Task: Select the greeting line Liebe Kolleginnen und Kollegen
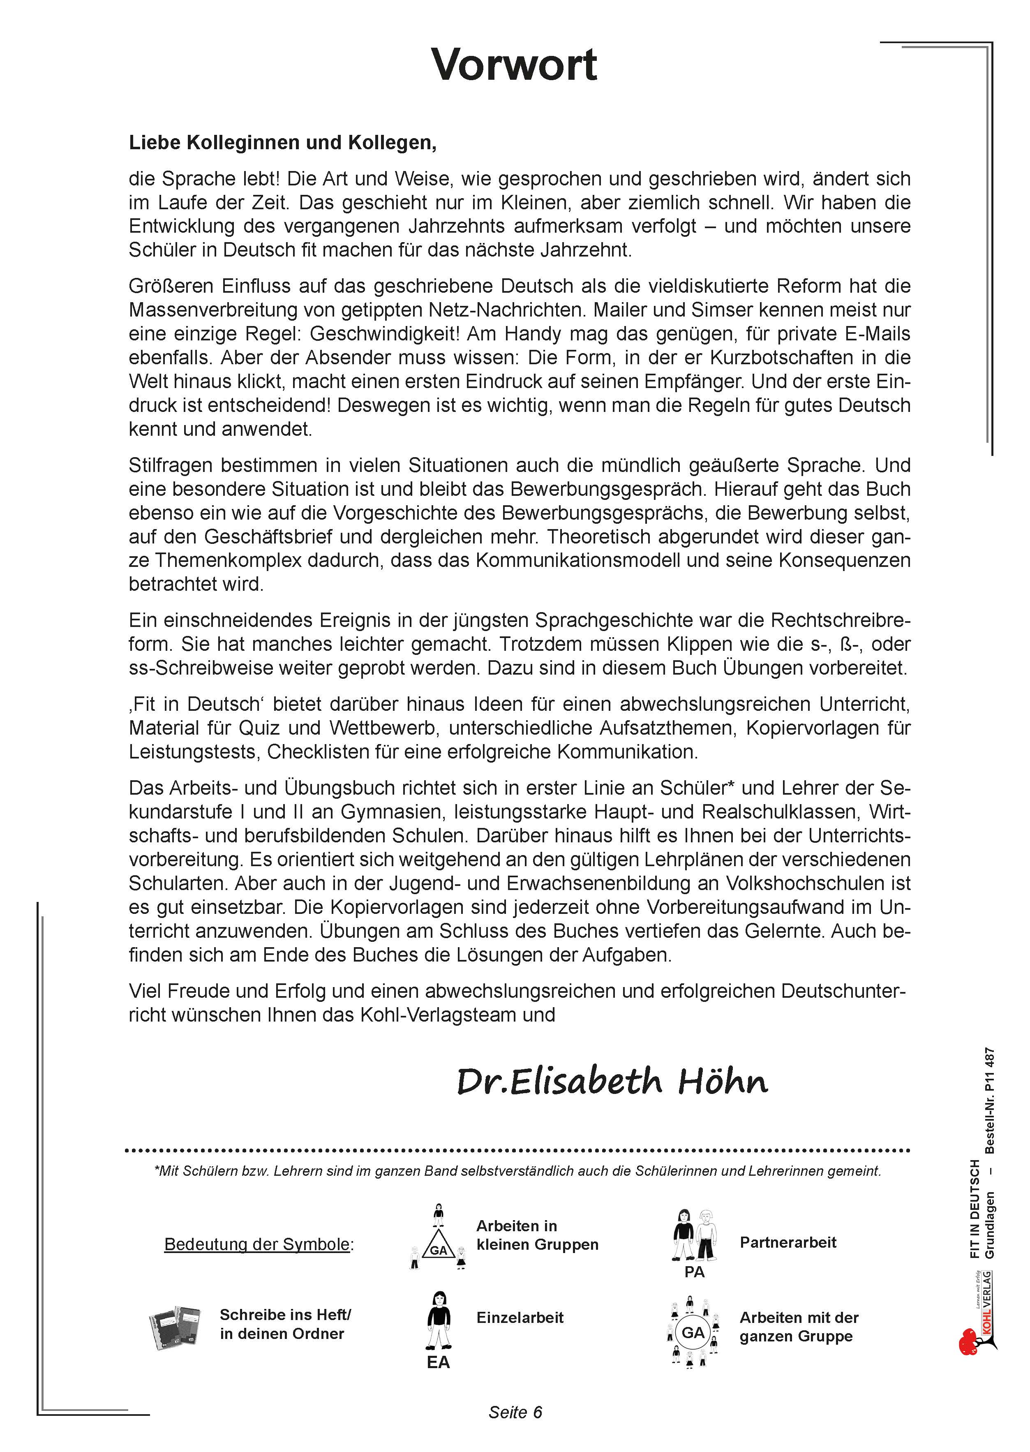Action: (282, 143)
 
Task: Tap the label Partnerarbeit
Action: (788, 1242)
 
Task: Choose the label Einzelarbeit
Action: (520, 1318)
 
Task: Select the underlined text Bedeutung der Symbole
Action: (257, 1244)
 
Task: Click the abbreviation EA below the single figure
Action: (438, 1362)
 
